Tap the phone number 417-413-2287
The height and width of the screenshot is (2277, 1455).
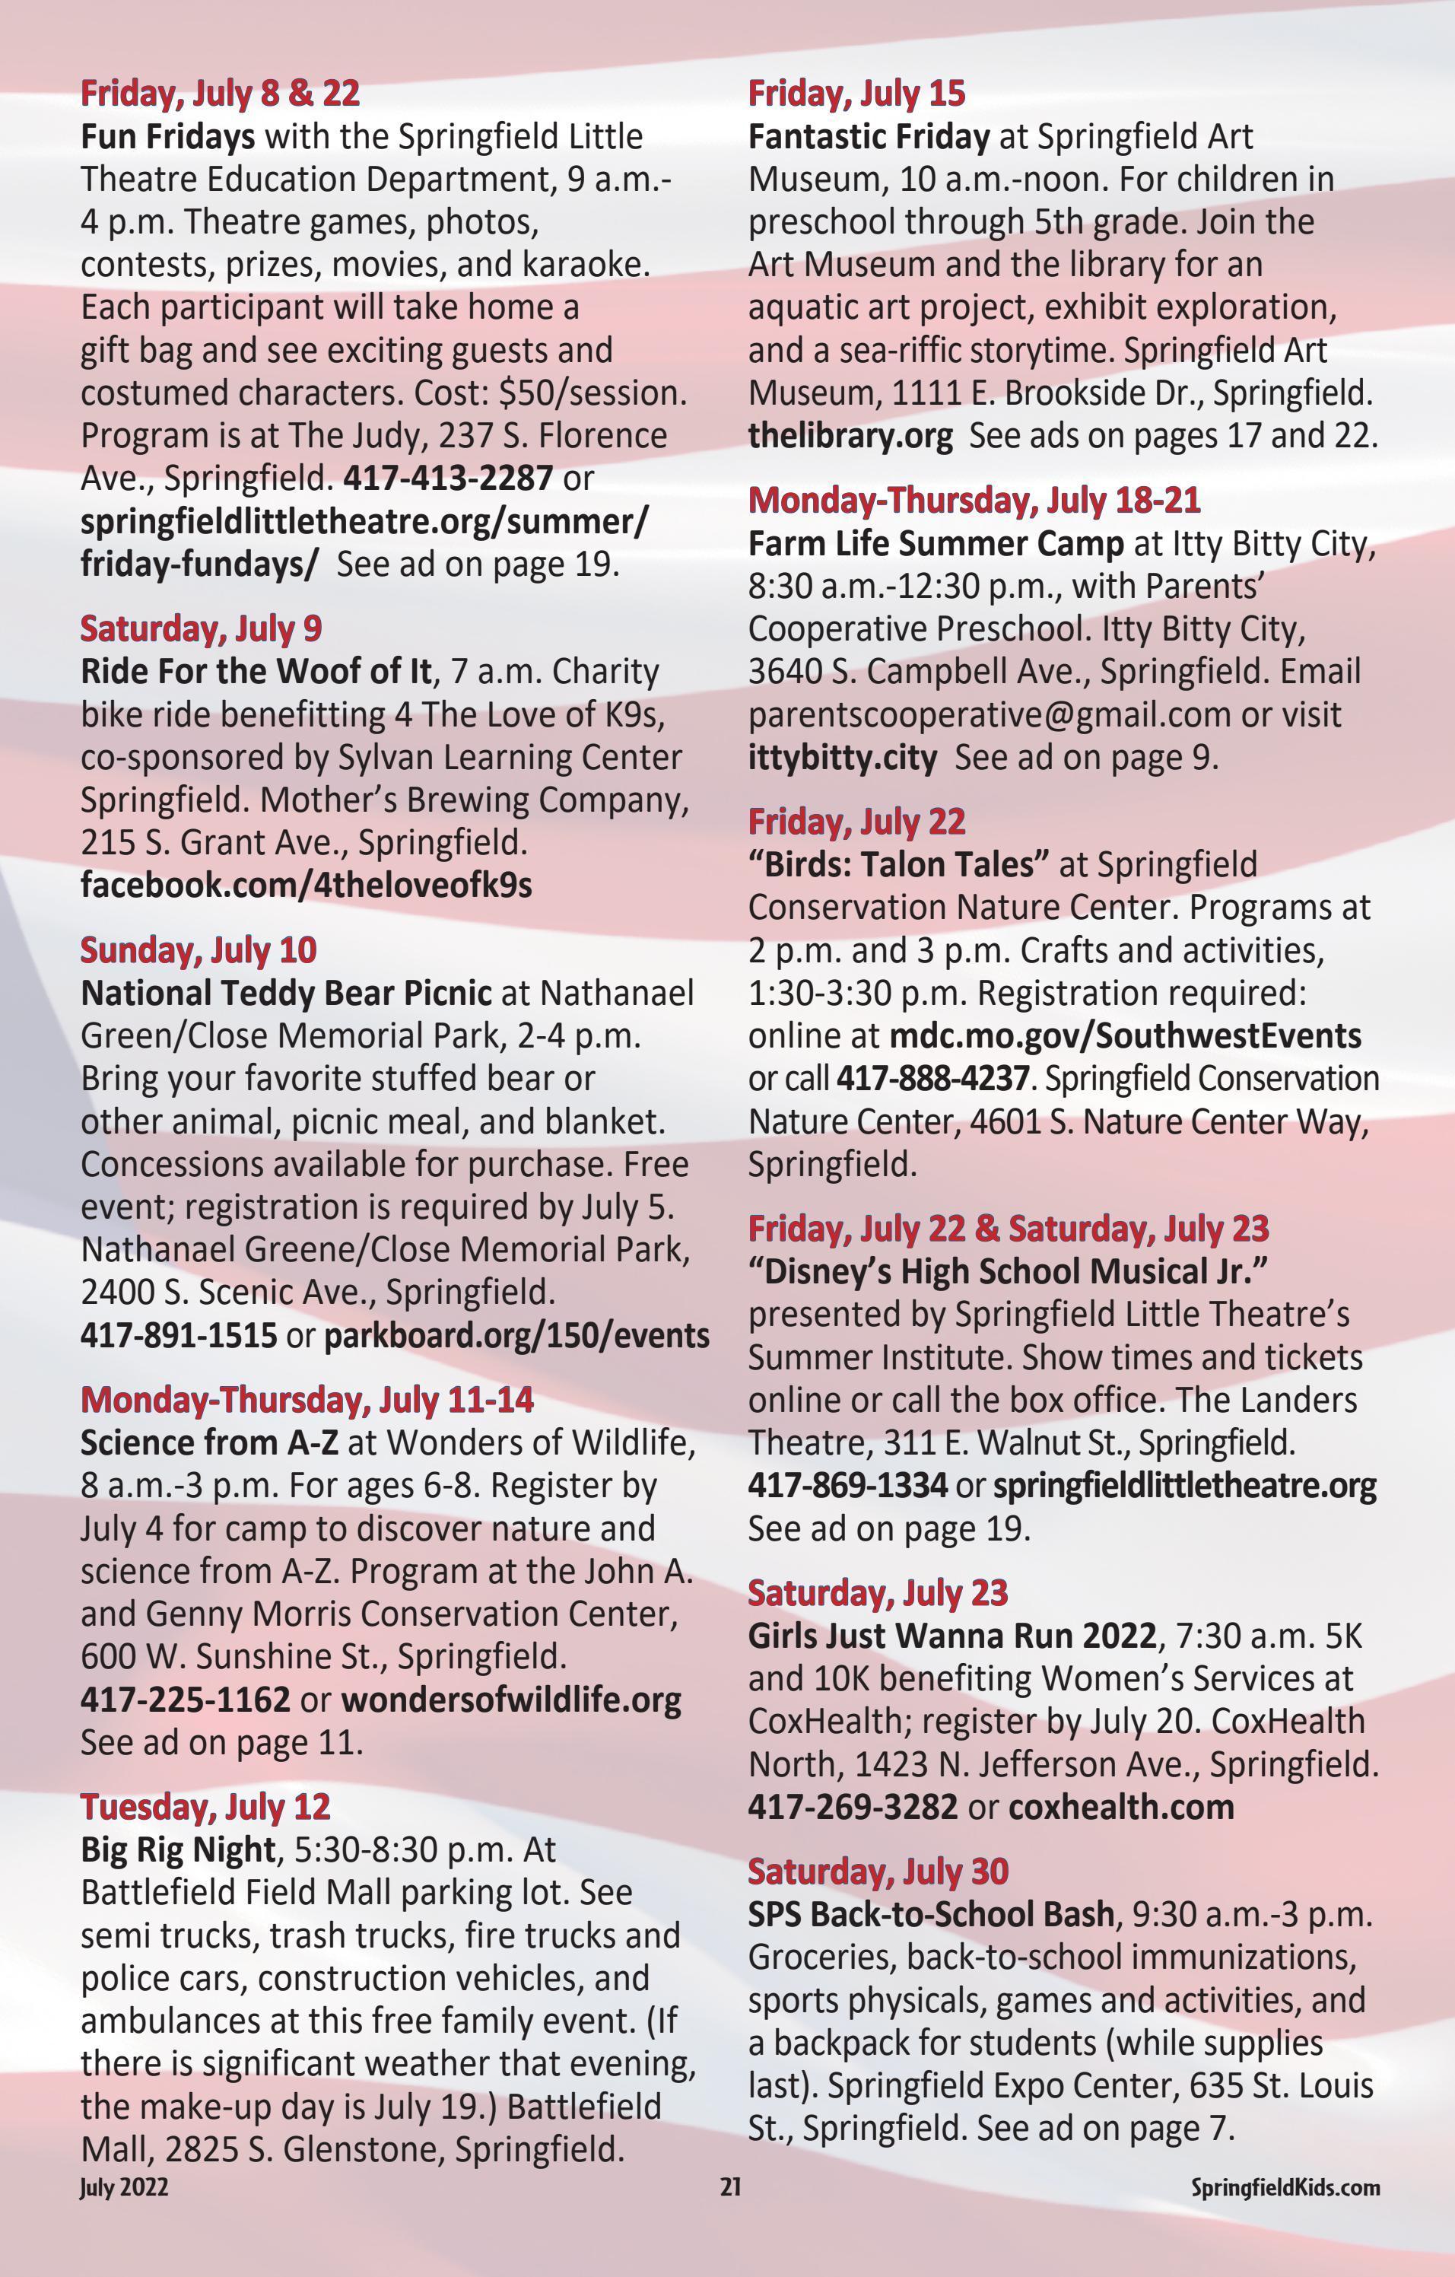pyautogui.click(x=447, y=478)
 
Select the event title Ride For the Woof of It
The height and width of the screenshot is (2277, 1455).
pyautogui.click(x=256, y=671)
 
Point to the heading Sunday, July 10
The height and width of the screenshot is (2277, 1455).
pyautogui.click(x=199, y=950)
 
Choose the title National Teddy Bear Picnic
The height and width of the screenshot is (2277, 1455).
pyautogui.click(x=285, y=993)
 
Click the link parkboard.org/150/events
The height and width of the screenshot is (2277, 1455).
pyautogui.click(x=516, y=1335)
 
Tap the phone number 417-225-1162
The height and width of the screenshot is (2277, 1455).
pyautogui.click(x=186, y=1700)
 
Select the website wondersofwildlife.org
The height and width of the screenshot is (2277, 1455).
pyautogui.click(x=510, y=1700)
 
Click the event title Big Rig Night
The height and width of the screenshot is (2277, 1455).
pyautogui.click(x=178, y=1849)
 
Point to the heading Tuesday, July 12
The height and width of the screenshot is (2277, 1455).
pyautogui.click(x=205, y=1806)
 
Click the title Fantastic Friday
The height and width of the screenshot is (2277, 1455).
pyautogui.click(x=868, y=136)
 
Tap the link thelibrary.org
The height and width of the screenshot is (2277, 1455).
pyautogui.click(x=850, y=436)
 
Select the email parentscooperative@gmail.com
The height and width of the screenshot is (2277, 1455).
pyautogui.click(x=989, y=714)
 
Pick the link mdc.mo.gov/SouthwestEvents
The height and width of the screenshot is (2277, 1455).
pyautogui.click(x=1125, y=1035)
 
